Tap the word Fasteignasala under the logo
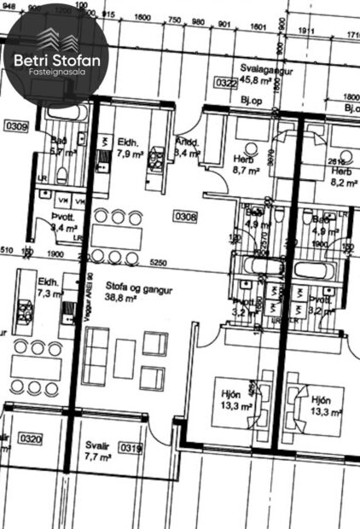click(58, 73)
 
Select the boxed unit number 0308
click(185, 218)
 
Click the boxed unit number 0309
click(17, 128)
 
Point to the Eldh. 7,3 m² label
click(49, 287)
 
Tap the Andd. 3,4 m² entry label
click(187, 147)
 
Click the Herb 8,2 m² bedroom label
click(341, 176)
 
